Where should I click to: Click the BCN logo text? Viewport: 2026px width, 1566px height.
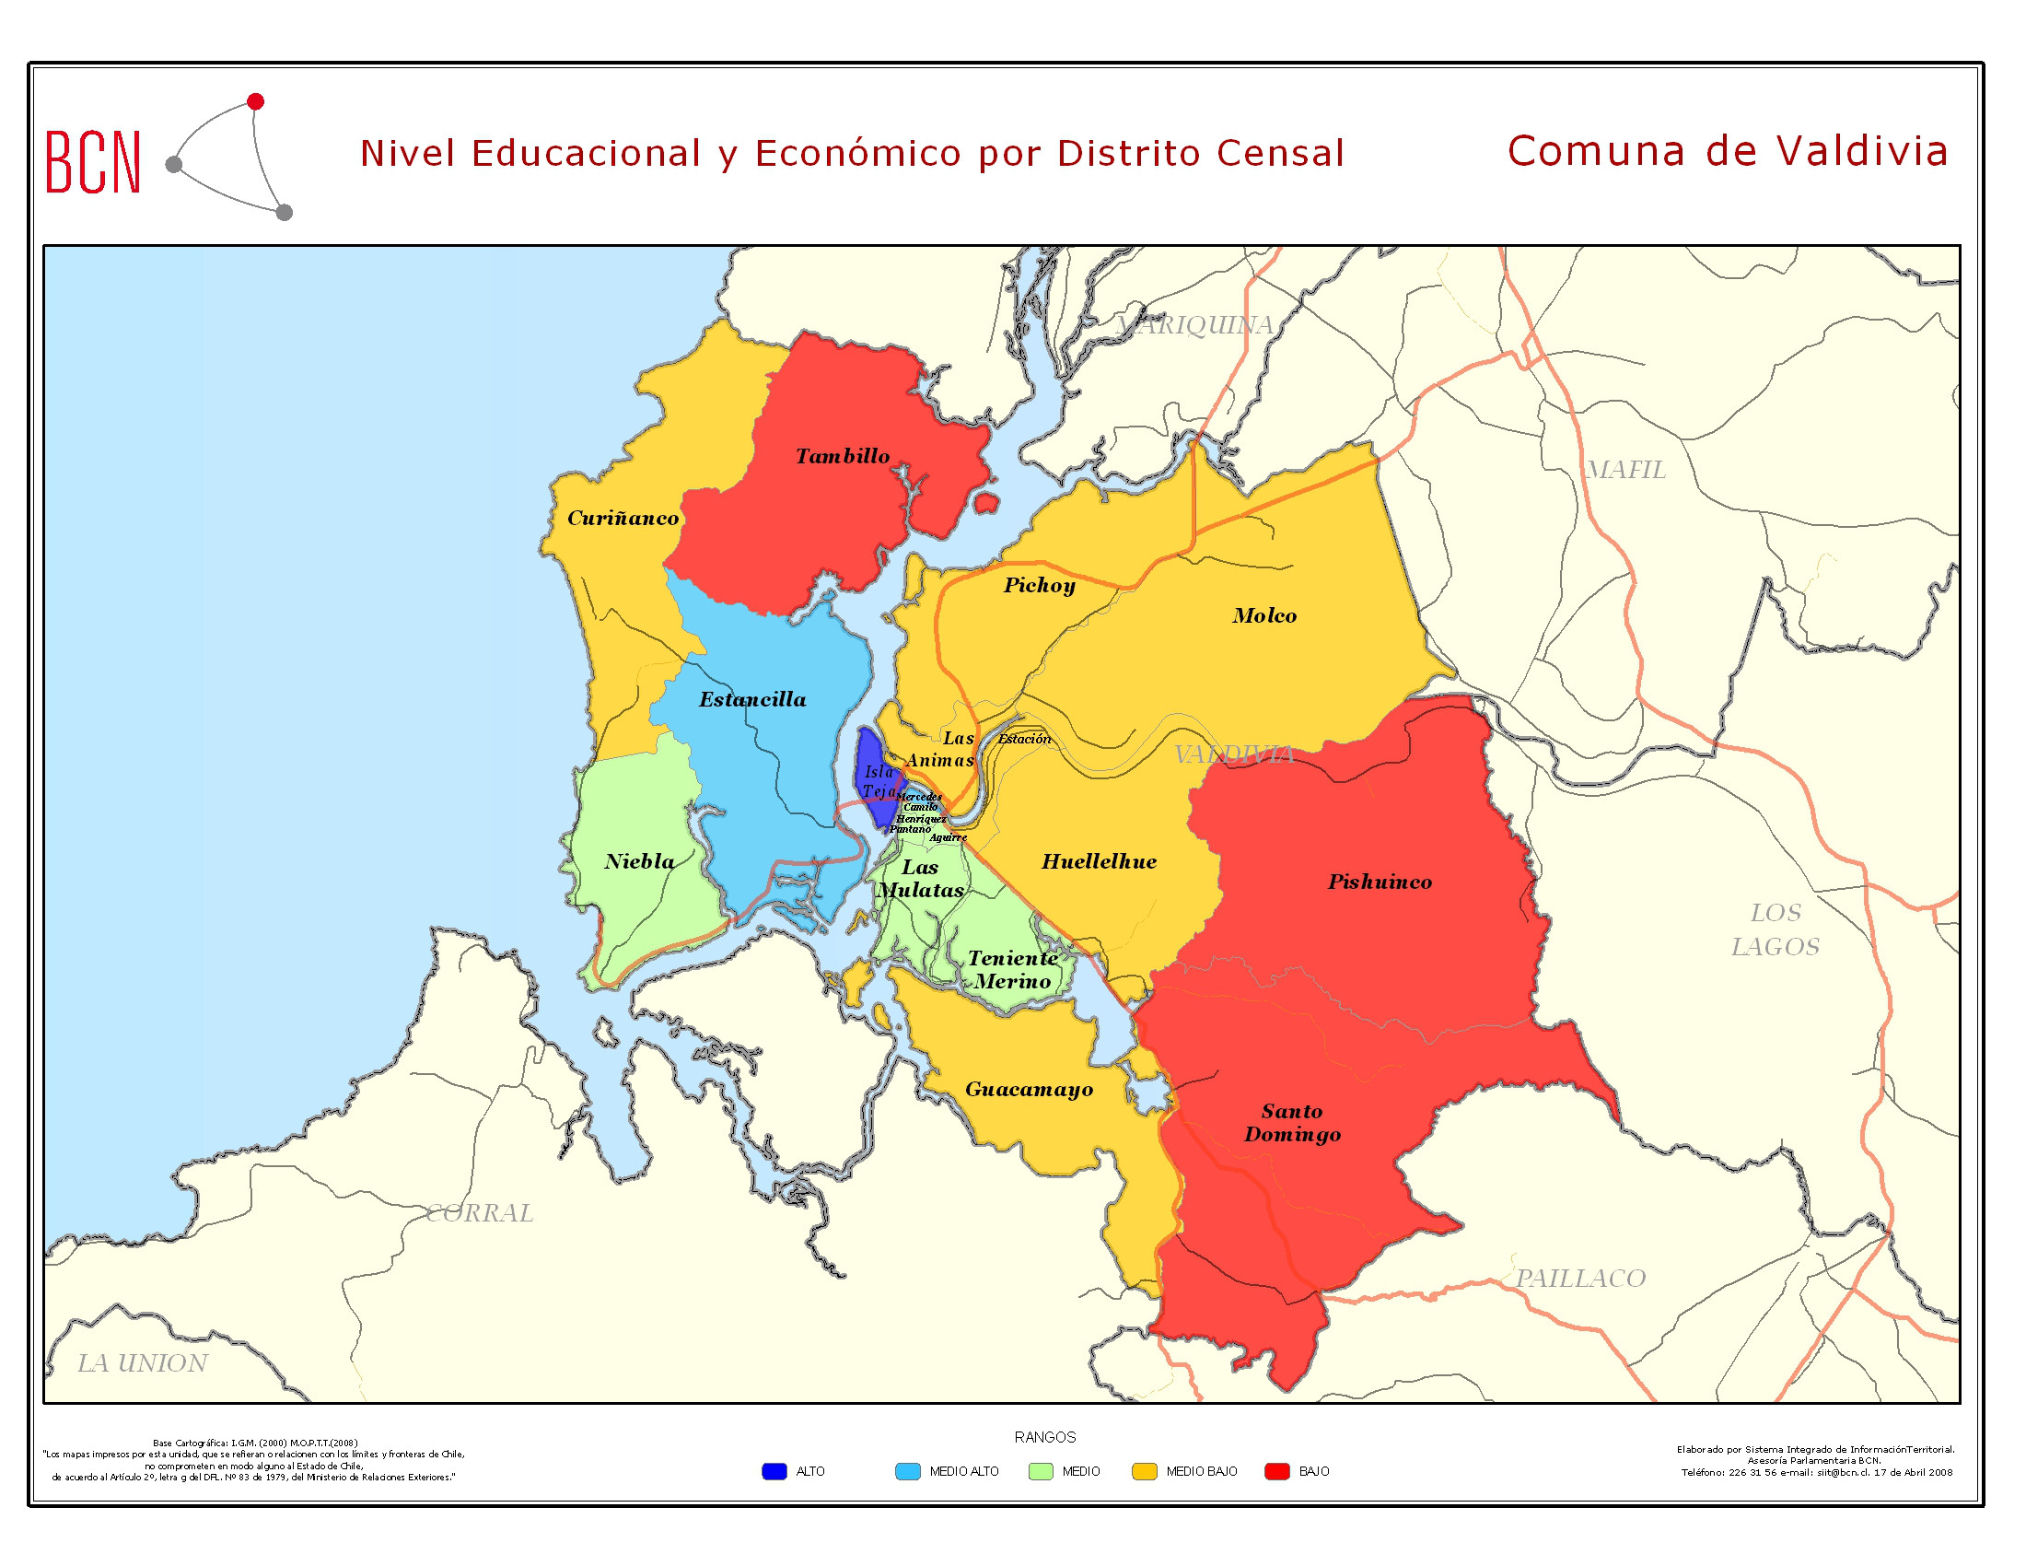coord(93,162)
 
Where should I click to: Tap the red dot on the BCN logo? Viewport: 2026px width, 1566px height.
coord(256,101)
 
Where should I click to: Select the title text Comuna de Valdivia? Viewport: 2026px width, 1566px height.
coord(1728,151)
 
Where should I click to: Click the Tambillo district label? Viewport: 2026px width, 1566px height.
coord(843,456)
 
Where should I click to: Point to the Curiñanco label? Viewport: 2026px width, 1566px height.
coord(623,519)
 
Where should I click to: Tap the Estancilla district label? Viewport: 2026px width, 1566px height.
coord(752,699)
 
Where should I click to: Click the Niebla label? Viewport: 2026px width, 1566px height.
coord(640,862)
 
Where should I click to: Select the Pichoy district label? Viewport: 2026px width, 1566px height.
coord(1040,585)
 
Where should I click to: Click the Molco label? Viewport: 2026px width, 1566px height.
coord(1264,616)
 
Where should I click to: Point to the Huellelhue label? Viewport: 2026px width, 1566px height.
coord(1100,862)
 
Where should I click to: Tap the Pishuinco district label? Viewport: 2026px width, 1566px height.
coord(1380,882)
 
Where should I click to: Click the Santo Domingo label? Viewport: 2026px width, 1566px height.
coord(1292,1124)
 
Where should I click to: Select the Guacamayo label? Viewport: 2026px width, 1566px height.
coord(1029,1089)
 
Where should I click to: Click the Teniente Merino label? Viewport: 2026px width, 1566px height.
coord(1013,969)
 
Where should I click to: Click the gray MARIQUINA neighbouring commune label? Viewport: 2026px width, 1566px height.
coord(1194,324)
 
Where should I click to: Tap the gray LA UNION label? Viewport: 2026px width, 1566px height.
coord(142,1362)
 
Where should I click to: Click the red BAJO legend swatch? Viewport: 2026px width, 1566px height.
coord(1277,1471)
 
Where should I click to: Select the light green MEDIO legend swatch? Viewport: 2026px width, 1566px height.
coord(1041,1471)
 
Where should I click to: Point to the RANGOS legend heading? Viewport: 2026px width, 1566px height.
coord(1044,1437)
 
